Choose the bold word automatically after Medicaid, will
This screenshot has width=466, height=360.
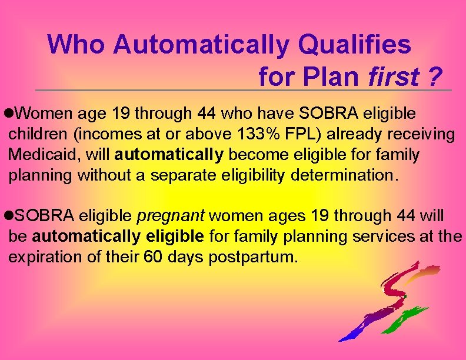coord(169,155)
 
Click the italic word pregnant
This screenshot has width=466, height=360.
coord(170,216)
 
